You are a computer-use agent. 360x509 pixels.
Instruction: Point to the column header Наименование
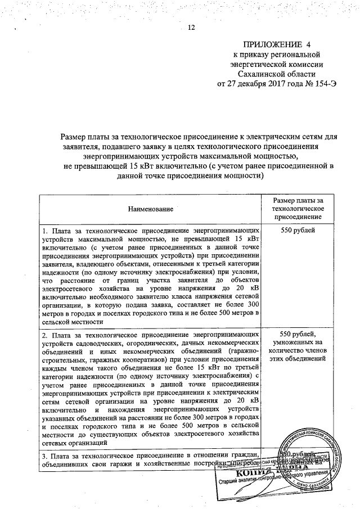pos(150,209)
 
